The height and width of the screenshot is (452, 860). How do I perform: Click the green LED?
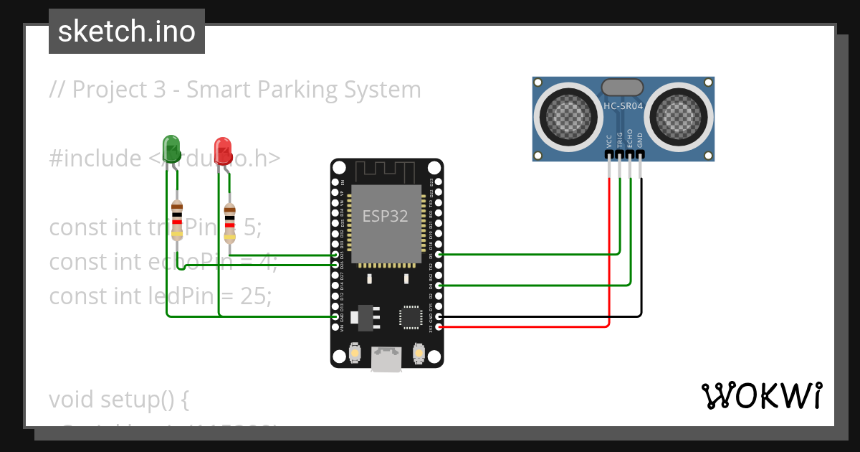(171, 148)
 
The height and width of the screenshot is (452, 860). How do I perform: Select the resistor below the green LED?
(178, 219)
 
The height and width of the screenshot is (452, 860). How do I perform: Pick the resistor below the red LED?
(229, 222)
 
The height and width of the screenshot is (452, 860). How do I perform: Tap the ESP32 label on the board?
(386, 216)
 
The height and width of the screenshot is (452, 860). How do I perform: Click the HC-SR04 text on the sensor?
(623, 105)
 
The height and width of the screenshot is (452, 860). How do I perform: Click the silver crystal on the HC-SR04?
(622, 87)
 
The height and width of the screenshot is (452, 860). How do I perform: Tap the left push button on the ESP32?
(354, 353)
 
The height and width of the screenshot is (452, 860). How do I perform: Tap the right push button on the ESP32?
(419, 353)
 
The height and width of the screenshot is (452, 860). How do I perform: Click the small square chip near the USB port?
(411, 316)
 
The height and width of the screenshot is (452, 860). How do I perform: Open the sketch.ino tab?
(127, 32)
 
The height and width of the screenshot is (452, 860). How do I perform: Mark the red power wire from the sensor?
(609, 251)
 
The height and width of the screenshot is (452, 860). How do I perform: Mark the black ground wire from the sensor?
(641, 251)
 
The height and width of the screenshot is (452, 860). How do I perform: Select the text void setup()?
(118, 399)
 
